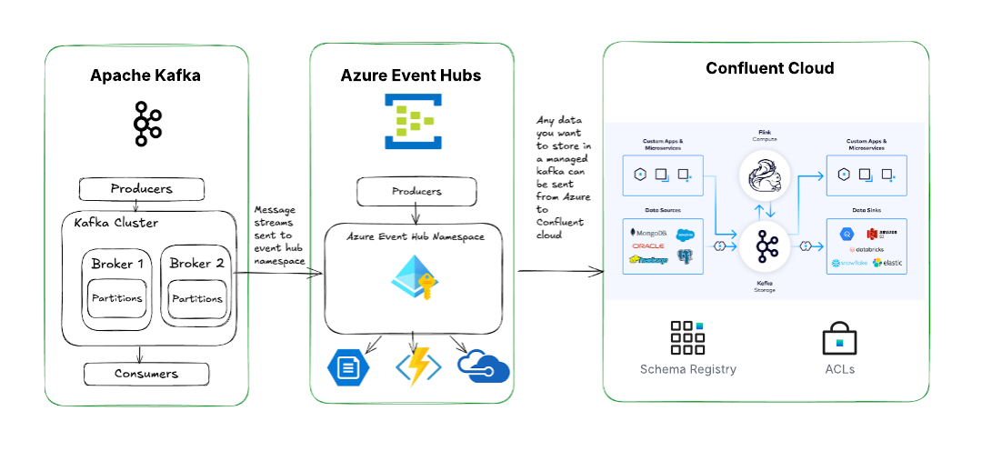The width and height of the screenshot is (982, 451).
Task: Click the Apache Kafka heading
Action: point(145,75)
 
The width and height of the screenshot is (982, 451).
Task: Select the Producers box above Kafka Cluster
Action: point(141,189)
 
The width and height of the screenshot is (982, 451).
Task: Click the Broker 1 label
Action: point(118,264)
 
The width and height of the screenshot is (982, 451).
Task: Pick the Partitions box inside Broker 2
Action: point(197,298)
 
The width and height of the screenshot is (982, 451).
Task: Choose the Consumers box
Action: point(146,374)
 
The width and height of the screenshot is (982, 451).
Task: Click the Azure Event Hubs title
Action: point(411,75)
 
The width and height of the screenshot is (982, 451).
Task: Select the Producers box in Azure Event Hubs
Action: point(416,191)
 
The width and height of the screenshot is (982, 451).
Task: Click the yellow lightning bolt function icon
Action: point(418,366)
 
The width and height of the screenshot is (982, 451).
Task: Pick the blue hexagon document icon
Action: point(349,366)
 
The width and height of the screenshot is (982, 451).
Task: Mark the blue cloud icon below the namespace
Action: point(483,366)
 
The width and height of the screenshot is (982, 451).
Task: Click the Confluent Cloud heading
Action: point(769,68)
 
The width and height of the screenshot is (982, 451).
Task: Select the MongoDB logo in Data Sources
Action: point(647,233)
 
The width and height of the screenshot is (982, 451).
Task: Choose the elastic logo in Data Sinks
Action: point(887,263)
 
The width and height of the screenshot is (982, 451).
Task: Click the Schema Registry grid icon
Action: point(687,337)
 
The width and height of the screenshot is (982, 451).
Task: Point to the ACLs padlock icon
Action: point(839,338)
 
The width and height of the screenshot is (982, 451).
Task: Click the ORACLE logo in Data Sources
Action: point(647,246)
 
